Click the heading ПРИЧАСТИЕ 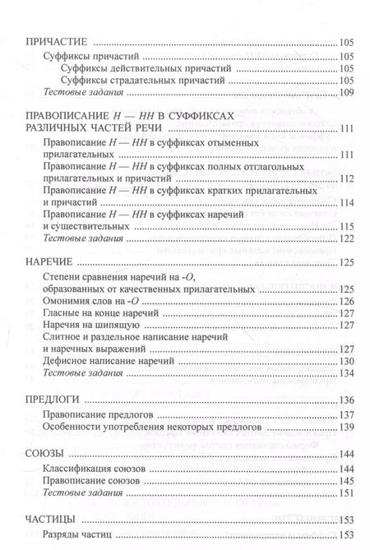57,43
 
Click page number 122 345,238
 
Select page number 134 345,374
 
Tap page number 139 345,428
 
